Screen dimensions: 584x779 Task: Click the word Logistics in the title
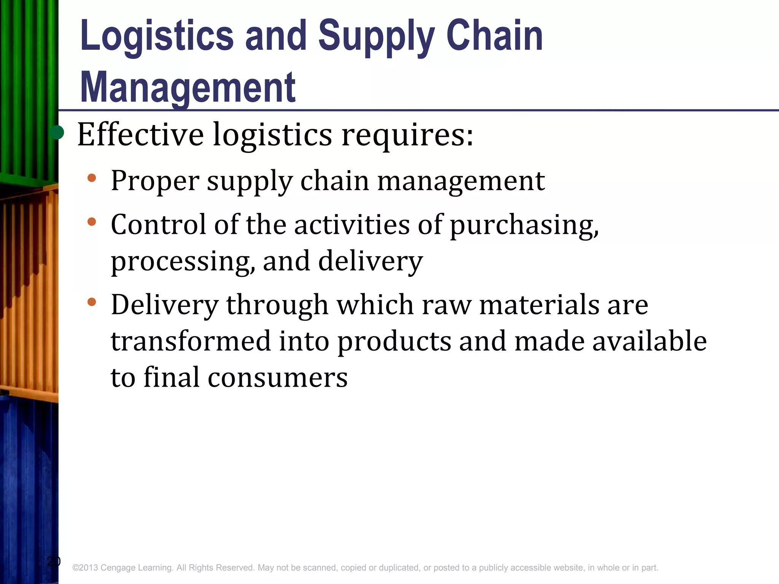tap(157, 36)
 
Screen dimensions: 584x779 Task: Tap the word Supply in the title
tap(376, 36)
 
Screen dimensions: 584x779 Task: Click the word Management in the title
tap(188, 88)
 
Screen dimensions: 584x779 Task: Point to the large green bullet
tap(57, 133)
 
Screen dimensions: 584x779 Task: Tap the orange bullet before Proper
tap(91, 178)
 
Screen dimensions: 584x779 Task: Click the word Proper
tap(155, 181)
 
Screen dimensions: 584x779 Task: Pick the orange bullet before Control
tap(91, 221)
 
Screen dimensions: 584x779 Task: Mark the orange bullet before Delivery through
tap(91, 302)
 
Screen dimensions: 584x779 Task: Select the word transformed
tap(191, 341)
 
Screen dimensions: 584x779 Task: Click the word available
tap(649, 341)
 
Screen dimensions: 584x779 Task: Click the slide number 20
tap(54, 561)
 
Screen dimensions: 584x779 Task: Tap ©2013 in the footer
tap(85, 568)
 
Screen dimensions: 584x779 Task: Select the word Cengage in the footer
tap(118, 568)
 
